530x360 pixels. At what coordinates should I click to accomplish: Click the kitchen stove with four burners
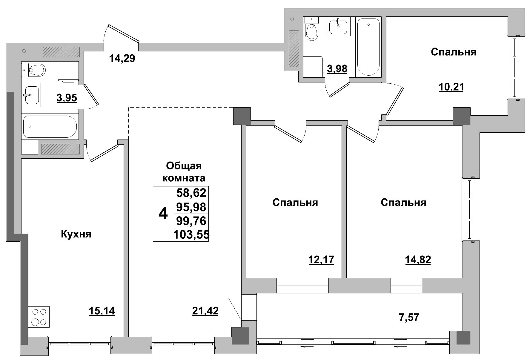[39, 317]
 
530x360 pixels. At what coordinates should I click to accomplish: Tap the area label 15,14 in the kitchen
[102, 311]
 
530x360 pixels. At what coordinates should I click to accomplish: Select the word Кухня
[76, 234]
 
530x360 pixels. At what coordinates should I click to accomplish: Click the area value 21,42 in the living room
[205, 311]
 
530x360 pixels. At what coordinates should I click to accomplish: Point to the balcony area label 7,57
[409, 317]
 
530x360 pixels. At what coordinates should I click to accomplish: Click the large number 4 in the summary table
[163, 214]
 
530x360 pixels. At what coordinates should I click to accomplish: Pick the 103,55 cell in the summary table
[191, 235]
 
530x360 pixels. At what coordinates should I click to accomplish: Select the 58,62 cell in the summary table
[191, 193]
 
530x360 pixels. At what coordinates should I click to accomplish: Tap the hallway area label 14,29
[122, 58]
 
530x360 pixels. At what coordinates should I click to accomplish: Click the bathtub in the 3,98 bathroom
[369, 47]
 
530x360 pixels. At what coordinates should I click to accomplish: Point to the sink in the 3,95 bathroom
[32, 95]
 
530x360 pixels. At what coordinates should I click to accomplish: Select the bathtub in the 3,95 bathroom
[50, 127]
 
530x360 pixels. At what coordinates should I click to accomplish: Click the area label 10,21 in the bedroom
[451, 87]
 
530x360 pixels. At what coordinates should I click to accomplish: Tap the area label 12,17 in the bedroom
[321, 260]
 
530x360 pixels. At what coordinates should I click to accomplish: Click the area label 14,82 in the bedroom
[418, 260]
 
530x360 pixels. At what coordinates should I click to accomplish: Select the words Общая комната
[184, 172]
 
